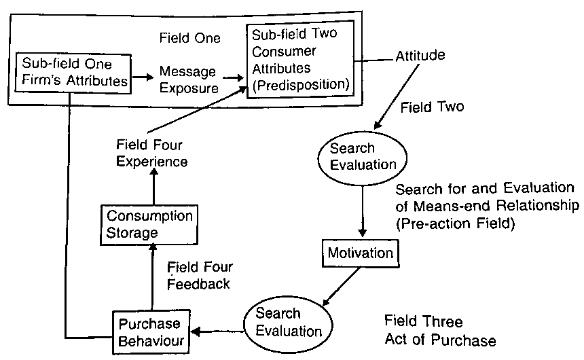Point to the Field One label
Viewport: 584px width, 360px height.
click(189, 39)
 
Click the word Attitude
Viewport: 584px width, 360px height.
click(420, 56)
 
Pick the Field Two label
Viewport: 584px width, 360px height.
click(432, 107)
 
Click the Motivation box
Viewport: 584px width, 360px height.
click(360, 254)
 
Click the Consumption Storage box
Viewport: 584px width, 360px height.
click(149, 226)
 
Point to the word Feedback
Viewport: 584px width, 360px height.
click(199, 285)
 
